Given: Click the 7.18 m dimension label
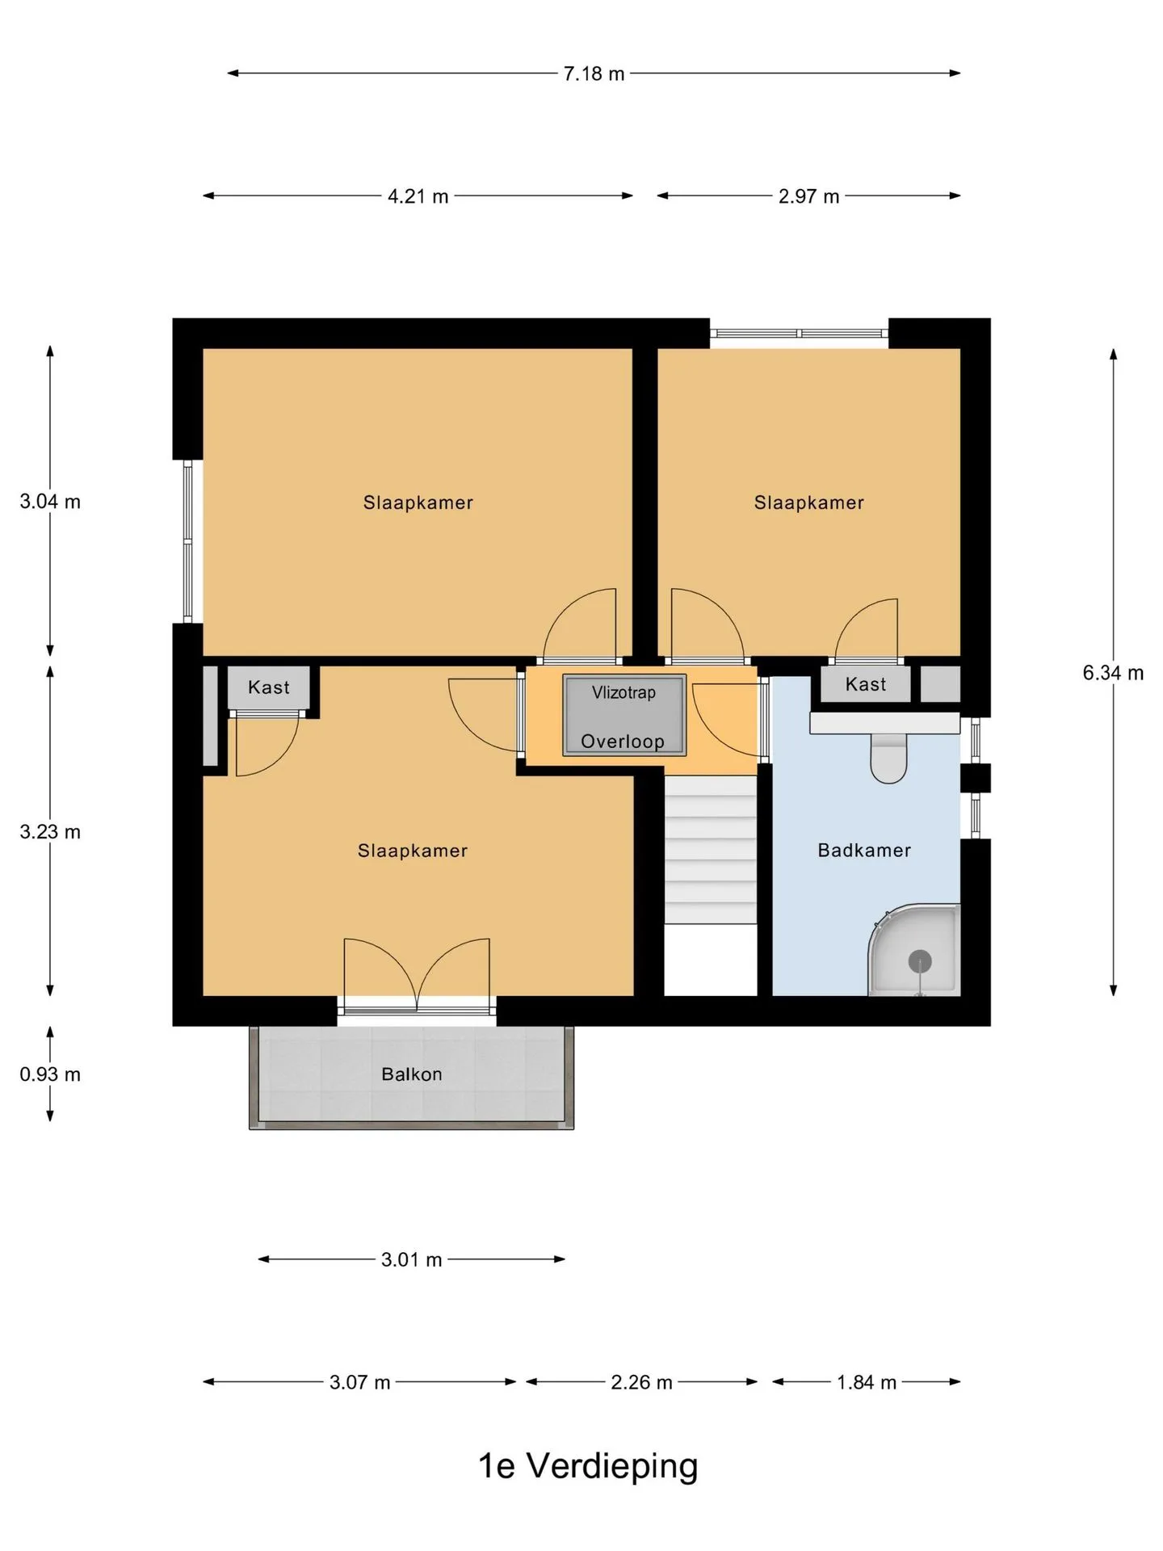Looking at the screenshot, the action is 594,74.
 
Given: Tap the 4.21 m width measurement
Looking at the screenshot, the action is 418,196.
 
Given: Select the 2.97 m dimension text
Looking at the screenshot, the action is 808,196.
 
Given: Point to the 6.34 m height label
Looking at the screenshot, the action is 1113,673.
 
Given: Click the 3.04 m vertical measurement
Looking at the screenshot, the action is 50,502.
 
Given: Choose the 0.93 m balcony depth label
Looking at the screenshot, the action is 50,1074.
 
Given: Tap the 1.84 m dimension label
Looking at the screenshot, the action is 867,1382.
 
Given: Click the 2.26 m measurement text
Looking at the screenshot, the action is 641,1382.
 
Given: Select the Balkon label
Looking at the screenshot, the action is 412,1074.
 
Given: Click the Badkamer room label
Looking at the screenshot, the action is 864,850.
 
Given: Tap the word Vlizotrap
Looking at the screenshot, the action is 623,692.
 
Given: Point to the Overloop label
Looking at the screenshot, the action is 623,742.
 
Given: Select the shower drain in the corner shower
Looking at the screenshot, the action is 920,961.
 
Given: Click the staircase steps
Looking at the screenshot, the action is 711,849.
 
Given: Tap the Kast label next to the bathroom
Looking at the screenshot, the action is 866,684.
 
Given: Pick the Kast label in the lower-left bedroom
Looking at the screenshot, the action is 268,687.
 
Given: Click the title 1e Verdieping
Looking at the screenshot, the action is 588,1466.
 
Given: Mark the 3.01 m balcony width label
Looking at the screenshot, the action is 411,1259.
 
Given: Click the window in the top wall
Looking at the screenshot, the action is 799,333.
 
